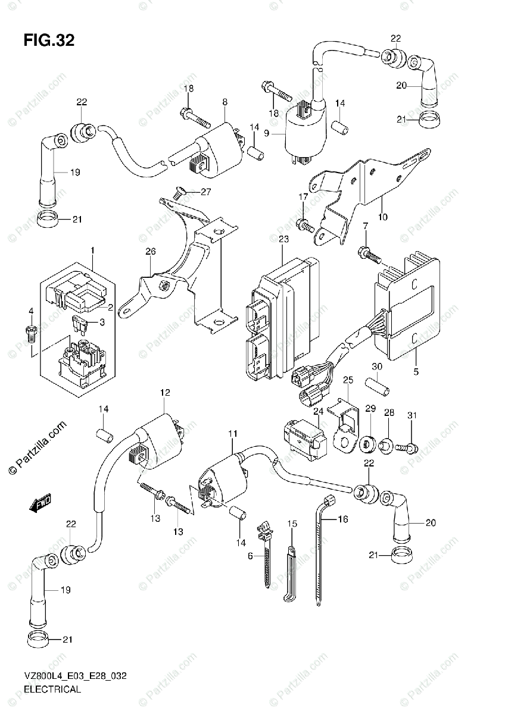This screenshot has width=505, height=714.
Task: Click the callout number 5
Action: coord(416,372)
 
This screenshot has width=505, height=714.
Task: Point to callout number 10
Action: coord(382,217)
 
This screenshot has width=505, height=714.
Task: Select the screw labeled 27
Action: coord(179,192)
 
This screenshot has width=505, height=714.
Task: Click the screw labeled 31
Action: coord(411,445)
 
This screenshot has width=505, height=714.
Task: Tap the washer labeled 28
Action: coord(386,444)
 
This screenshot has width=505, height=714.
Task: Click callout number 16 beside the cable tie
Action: coord(342,519)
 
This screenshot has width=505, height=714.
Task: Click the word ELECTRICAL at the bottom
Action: coord(52,690)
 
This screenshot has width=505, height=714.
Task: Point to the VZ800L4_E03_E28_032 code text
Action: coord(75,677)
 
